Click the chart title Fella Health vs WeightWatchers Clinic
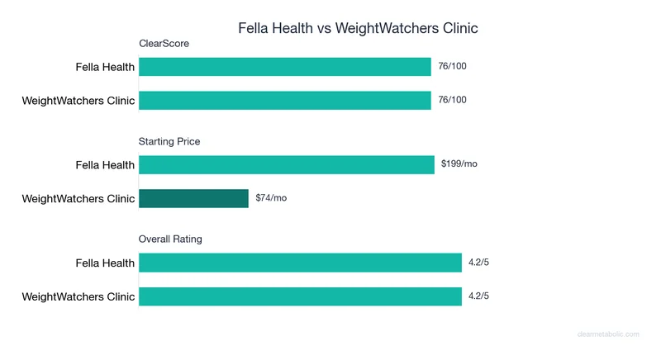358,28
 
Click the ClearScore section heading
164,44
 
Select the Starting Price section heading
169,141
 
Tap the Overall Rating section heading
170,239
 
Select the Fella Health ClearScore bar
285,67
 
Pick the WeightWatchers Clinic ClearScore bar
285,101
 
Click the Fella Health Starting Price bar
287,164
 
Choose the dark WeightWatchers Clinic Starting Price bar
193,198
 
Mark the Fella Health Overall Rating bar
300,263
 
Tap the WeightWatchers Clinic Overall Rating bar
300,296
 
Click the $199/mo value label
459,164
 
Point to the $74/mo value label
271,198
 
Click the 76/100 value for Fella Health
452,66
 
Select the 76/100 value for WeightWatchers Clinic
452,100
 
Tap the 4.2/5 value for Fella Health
478,263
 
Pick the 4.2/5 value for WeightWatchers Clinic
478,296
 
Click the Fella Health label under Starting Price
105,165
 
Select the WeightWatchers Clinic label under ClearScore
78,101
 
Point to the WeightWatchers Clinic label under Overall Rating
78,296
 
